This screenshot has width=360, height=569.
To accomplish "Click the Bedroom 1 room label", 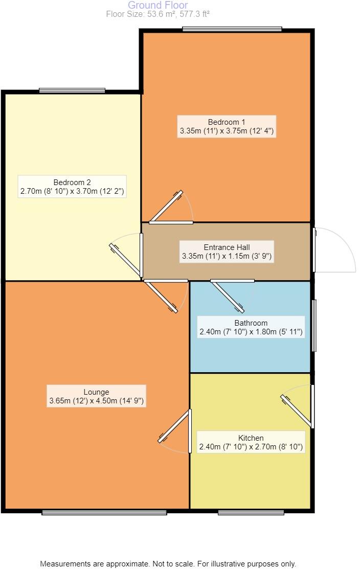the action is [x=227, y=122].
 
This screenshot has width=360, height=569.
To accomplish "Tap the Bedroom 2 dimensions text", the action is [x=72, y=192].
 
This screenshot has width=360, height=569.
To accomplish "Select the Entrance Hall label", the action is [x=227, y=247].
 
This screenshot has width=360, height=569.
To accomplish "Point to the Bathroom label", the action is [x=251, y=323].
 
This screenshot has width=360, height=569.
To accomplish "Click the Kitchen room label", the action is [x=251, y=438].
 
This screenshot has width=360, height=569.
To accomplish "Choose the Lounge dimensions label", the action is [x=97, y=401].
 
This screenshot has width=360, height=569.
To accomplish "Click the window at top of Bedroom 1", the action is [x=232, y=29].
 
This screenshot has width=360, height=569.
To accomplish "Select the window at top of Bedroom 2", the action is [x=72, y=90].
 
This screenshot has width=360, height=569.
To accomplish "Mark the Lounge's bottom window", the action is [x=104, y=512].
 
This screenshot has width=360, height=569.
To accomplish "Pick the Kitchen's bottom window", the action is [x=251, y=512].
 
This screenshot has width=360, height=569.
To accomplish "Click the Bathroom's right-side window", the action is [x=314, y=326].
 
